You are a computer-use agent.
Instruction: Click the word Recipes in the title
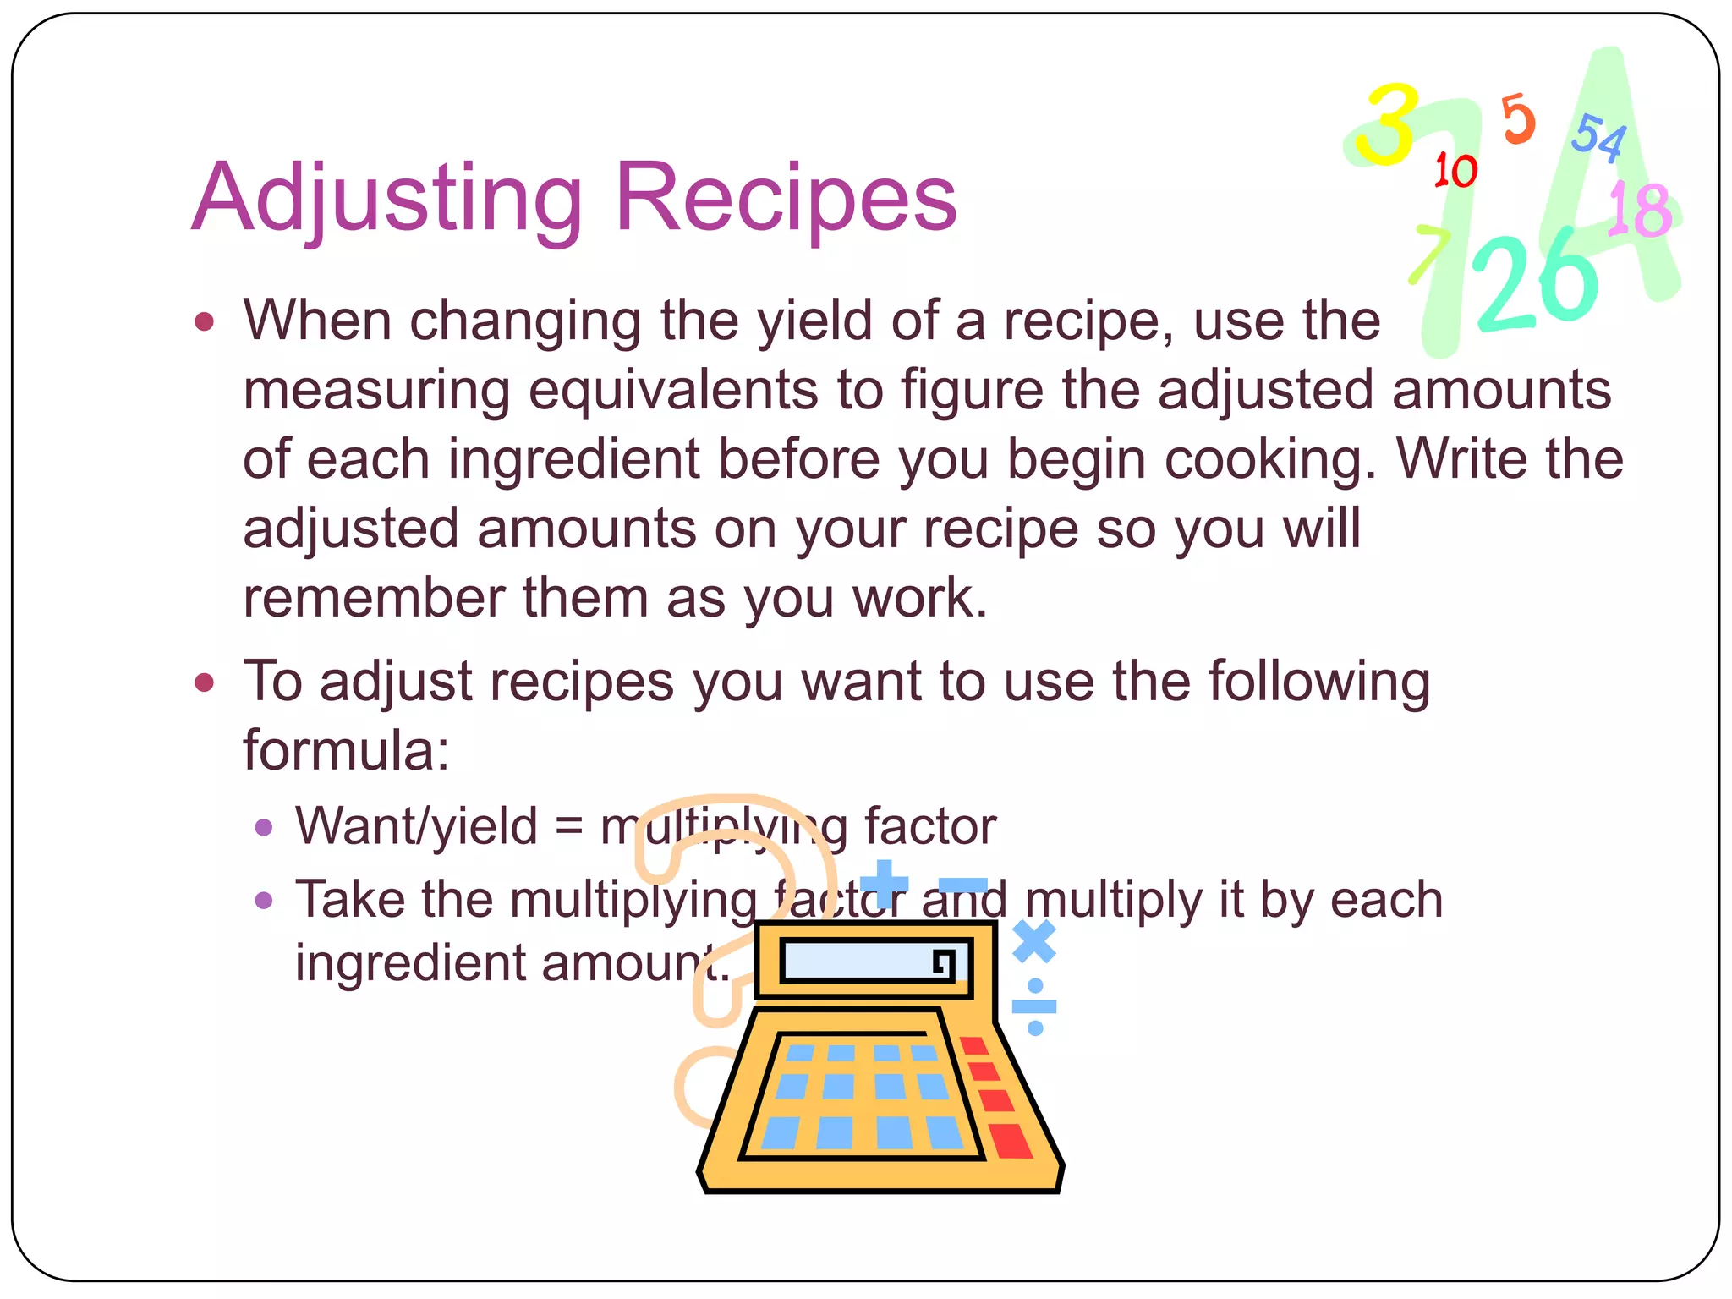point(787,199)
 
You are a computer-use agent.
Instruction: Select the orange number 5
point(1518,120)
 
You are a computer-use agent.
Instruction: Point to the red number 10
point(1455,172)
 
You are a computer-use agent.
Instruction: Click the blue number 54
point(1599,137)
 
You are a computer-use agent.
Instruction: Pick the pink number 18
point(1640,209)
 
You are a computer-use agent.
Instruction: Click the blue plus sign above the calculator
point(885,885)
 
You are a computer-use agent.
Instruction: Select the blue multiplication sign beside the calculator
point(1034,941)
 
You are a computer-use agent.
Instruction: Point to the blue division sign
point(1034,1006)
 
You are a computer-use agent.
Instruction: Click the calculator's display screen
point(867,962)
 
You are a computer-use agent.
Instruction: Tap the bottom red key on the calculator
point(1011,1141)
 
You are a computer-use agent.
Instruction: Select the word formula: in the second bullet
point(346,750)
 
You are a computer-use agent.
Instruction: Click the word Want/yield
point(416,826)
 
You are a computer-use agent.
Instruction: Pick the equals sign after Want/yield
point(569,828)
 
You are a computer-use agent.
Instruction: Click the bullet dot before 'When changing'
point(204,322)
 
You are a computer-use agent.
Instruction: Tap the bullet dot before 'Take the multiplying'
point(264,899)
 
